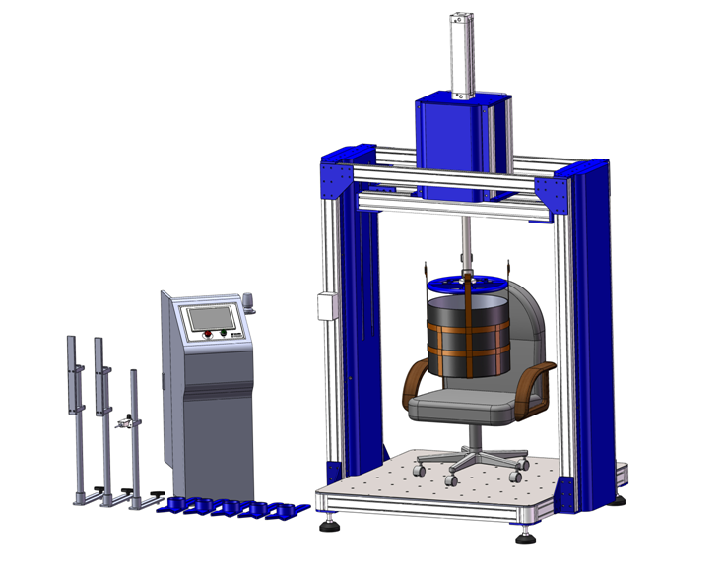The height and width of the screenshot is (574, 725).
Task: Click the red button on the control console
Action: pos(207,335)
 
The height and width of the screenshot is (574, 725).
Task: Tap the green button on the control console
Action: pos(224,335)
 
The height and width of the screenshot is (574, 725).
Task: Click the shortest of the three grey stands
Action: pos(135,433)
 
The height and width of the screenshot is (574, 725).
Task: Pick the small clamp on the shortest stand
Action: pos(123,423)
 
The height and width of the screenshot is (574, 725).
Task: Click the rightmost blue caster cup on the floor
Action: pos(289,510)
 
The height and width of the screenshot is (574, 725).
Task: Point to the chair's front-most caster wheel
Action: pos(452,479)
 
